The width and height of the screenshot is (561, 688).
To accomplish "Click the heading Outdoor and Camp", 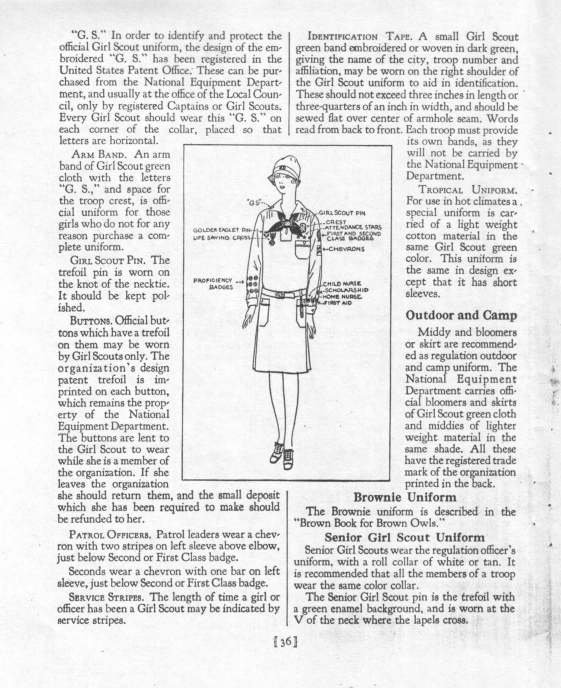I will (x=461, y=315).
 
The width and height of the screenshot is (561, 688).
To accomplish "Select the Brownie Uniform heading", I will (x=405, y=497).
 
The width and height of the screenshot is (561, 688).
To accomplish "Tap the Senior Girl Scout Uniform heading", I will (x=405, y=537).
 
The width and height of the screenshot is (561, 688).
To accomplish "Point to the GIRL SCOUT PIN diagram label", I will (x=341, y=213).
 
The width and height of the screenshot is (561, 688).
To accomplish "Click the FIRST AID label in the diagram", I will (x=340, y=303).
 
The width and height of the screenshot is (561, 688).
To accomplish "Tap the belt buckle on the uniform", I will (x=281, y=292).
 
